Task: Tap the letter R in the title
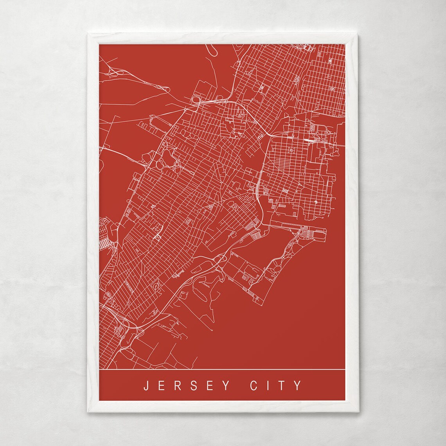178,385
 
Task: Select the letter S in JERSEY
194,385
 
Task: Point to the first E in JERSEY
162,385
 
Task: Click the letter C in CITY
253,385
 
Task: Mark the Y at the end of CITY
299,385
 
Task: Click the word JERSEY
186,385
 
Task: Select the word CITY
275,385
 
